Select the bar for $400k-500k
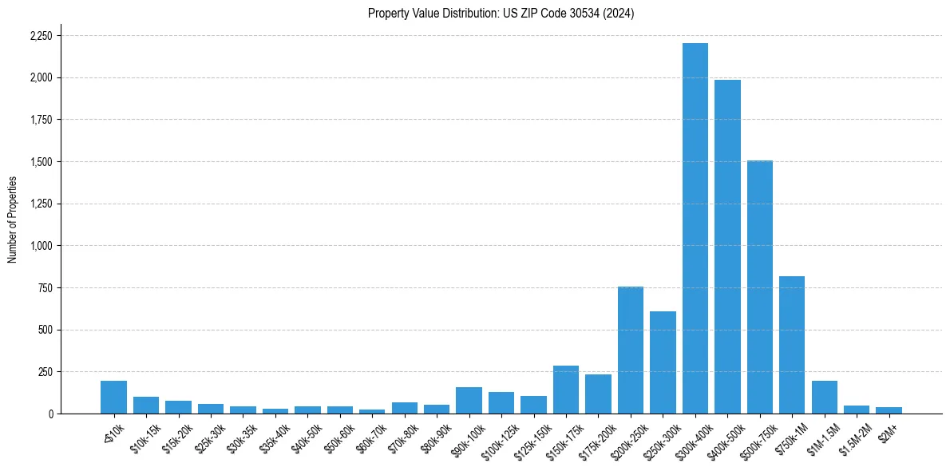click(727, 247)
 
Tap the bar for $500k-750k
click(759, 287)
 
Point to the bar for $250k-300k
click(663, 362)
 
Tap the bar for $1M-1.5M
click(824, 398)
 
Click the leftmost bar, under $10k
click(113, 398)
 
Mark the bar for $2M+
click(889, 410)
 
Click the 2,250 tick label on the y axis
click(41, 36)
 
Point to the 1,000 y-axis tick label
click(41, 246)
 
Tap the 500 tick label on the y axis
click(46, 330)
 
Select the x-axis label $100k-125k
click(497, 437)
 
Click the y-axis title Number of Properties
click(12, 220)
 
